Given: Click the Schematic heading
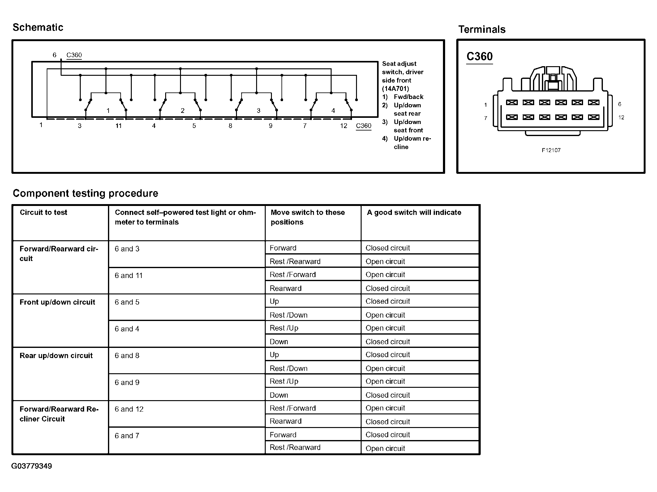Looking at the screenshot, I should pyautogui.click(x=38, y=27).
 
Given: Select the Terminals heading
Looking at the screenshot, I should pyautogui.click(x=482, y=29).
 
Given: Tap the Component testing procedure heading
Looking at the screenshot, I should pyautogui.click(x=85, y=193).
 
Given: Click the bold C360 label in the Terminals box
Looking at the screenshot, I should pyautogui.click(x=479, y=56).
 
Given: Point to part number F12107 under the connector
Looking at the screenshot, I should pyautogui.click(x=551, y=150).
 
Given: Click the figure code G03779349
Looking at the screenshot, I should pyautogui.click(x=32, y=466).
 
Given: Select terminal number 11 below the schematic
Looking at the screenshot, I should pyautogui.click(x=118, y=126).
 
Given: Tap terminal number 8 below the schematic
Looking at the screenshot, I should pyautogui.click(x=230, y=126).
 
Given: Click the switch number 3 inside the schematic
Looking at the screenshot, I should pyautogui.click(x=259, y=110).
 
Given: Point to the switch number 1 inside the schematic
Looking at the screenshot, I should pyautogui.click(x=108, y=110).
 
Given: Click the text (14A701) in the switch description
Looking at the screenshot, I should pyautogui.click(x=395, y=88).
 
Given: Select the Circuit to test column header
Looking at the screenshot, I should pyautogui.click(x=43, y=212).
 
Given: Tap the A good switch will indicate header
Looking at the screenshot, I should pyautogui.click(x=414, y=212).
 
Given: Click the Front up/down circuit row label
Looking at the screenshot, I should pyautogui.click(x=57, y=302).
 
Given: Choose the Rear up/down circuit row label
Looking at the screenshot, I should pyautogui.click(x=56, y=356).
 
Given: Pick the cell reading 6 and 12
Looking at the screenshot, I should pyautogui.click(x=129, y=409).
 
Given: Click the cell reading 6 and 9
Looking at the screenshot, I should pyautogui.click(x=127, y=383).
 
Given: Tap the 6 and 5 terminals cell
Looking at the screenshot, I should pyautogui.click(x=127, y=302).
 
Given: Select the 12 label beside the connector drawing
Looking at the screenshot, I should pyautogui.click(x=621, y=118).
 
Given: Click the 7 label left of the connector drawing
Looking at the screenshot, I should pyautogui.click(x=486, y=118).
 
